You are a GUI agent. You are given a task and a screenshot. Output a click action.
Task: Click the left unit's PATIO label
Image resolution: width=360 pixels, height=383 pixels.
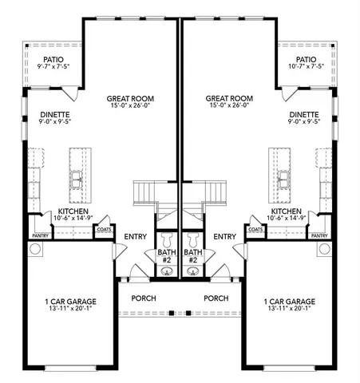[x=54, y=59]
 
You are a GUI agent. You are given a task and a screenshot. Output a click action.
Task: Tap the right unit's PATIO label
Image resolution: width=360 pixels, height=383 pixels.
[x=306, y=59]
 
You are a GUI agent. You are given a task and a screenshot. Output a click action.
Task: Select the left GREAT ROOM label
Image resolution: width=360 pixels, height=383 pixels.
[x=130, y=99]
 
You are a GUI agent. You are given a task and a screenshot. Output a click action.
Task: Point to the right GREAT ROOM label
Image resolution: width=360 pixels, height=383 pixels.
[x=229, y=99]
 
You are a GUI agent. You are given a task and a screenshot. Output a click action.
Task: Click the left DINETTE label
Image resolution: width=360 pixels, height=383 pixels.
[x=55, y=115]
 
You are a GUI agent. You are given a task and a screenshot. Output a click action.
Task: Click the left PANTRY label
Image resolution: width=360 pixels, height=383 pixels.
[x=39, y=236]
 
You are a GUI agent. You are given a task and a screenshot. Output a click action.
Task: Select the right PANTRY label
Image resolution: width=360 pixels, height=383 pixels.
[x=318, y=236]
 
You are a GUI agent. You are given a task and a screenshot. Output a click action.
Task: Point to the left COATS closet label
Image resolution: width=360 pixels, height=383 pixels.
[x=104, y=229]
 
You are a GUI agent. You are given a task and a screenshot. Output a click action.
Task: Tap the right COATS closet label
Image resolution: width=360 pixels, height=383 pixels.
[x=255, y=229]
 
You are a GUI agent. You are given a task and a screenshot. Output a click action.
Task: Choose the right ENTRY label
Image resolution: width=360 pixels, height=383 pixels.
[x=225, y=236]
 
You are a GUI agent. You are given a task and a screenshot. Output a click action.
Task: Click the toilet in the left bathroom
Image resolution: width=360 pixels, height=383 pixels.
[x=167, y=239]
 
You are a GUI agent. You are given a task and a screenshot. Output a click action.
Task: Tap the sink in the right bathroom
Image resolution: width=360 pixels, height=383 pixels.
[x=192, y=271]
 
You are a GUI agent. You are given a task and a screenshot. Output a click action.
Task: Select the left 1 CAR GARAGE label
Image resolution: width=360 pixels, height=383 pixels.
[x=70, y=302]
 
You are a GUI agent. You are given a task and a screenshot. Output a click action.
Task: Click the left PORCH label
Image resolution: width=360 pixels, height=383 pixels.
[x=144, y=298]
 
